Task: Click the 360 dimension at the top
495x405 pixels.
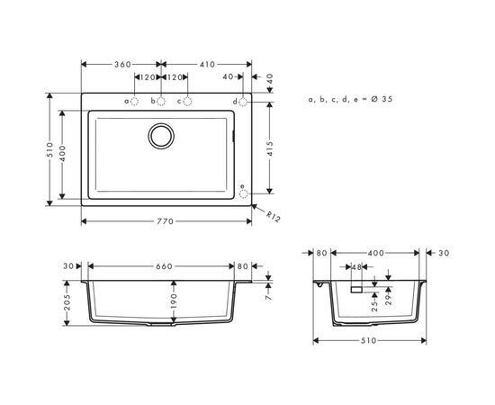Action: (121, 64)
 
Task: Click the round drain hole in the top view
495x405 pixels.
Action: (162, 137)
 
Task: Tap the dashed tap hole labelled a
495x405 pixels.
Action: (135, 101)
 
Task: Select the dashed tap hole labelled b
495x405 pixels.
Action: (162, 101)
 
